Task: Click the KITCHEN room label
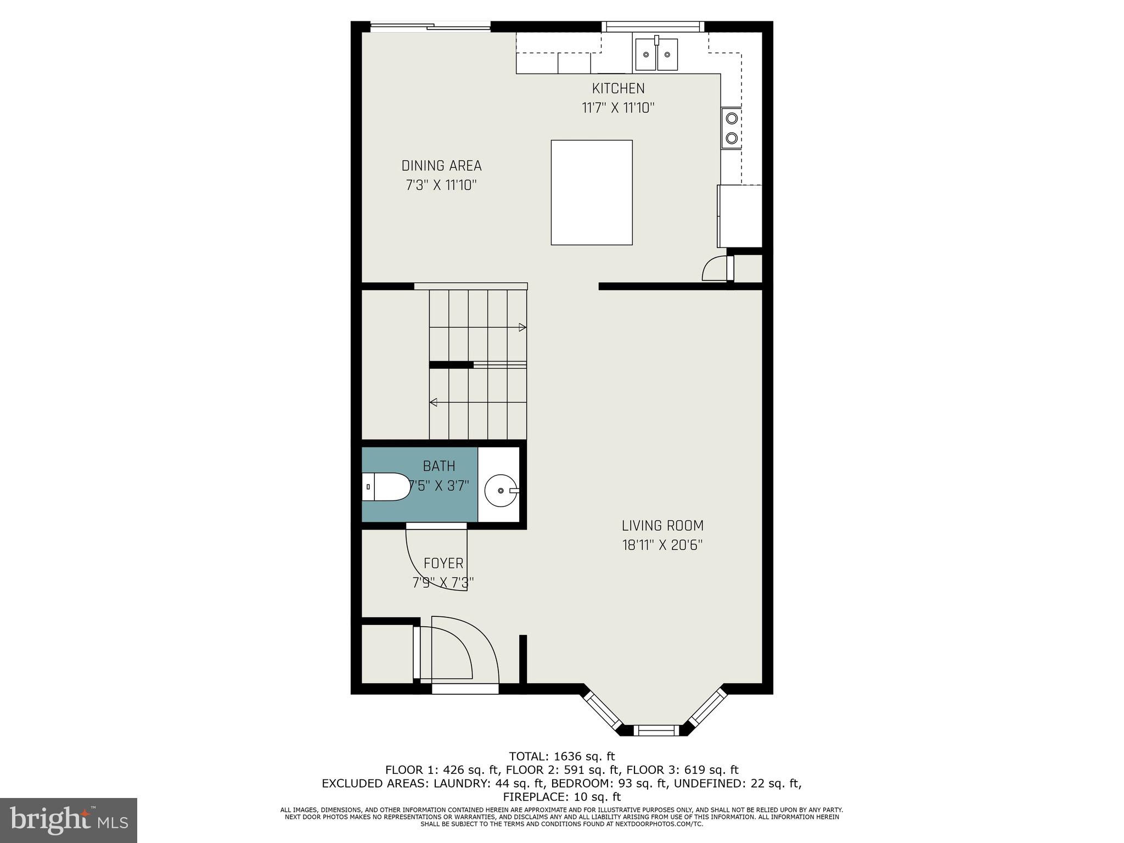pyautogui.click(x=618, y=88)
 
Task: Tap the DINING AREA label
pyautogui.click(x=441, y=166)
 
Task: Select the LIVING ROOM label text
pyautogui.click(x=662, y=526)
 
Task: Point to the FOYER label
pyautogui.click(x=443, y=564)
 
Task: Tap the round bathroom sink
pyautogui.click(x=500, y=490)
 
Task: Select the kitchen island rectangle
pyautogui.click(x=592, y=192)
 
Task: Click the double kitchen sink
pyautogui.click(x=656, y=54)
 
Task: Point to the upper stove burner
pyautogui.click(x=732, y=117)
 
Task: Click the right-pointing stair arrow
pyautogui.click(x=522, y=328)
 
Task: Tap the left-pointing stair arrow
pyautogui.click(x=434, y=402)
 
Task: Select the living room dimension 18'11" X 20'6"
pyautogui.click(x=662, y=546)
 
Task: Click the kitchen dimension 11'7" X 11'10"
pyautogui.click(x=618, y=108)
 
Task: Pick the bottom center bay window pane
pyautogui.click(x=656, y=730)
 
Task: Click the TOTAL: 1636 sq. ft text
pyautogui.click(x=561, y=757)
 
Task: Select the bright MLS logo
pyautogui.click(x=69, y=820)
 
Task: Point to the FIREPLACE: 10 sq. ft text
pyautogui.click(x=561, y=797)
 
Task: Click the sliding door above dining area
pyautogui.click(x=430, y=25)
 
